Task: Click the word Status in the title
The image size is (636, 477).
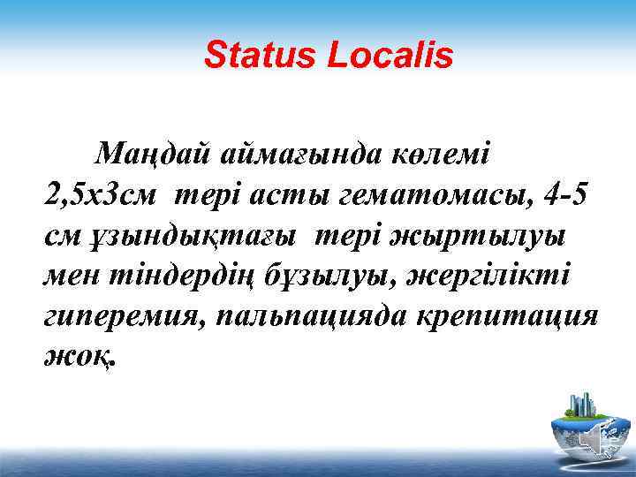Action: tap(260, 56)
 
